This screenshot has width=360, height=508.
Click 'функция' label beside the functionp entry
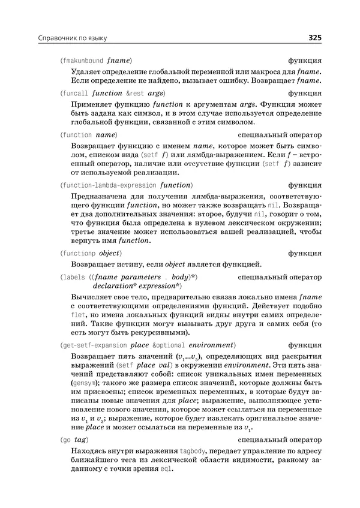tap(305, 253)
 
